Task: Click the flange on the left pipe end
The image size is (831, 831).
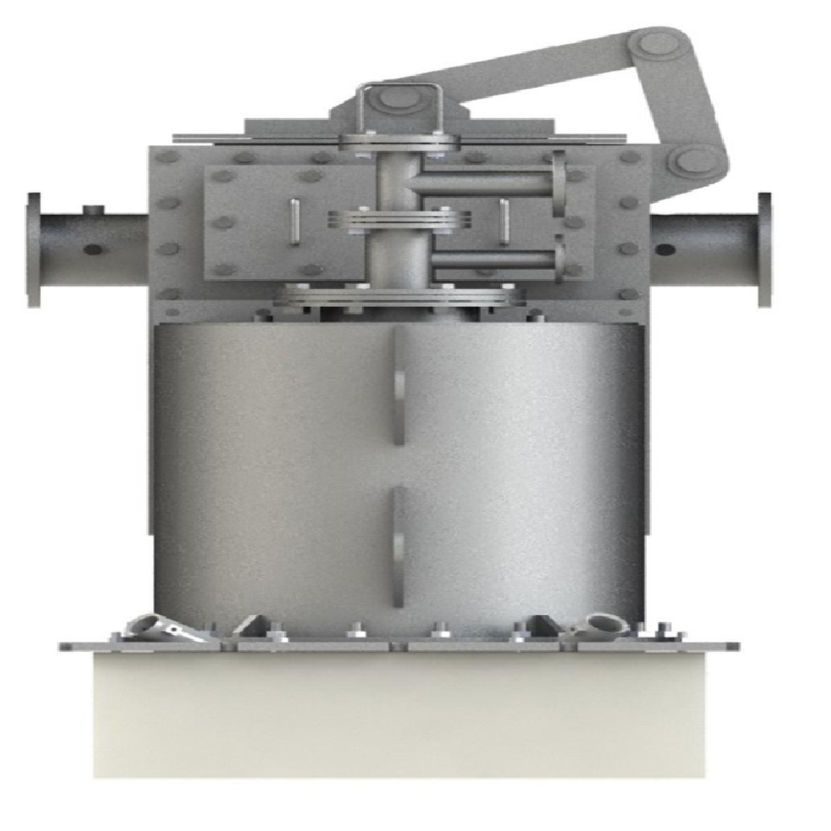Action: click(33, 248)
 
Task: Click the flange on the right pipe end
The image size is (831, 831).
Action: click(765, 248)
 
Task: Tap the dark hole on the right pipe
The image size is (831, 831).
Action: click(664, 248)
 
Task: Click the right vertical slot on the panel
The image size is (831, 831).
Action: click(503, 222)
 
